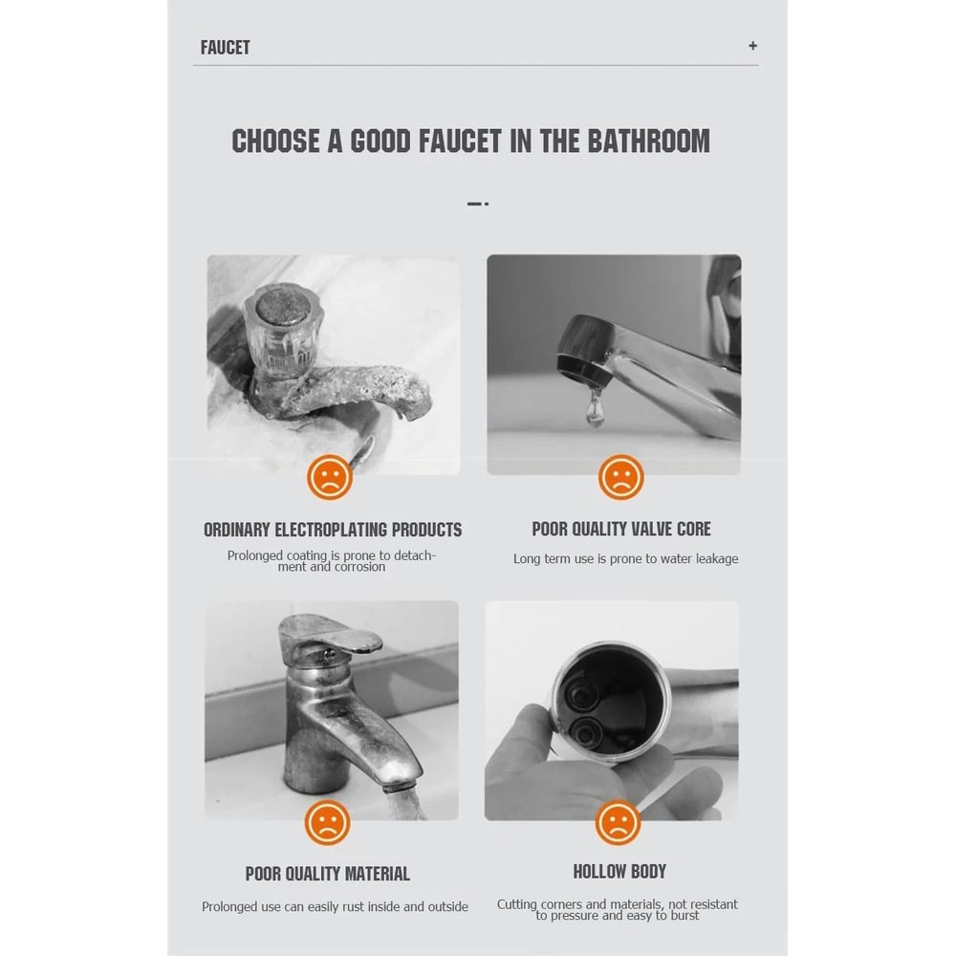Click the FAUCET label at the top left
click(225, 48)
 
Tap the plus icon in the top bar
click(753, 46)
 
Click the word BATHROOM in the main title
click(649, 141)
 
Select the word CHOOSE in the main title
click(275, 141)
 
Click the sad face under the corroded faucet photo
click(330, 477)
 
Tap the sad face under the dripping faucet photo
click(620, 477)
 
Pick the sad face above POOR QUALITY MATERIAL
click(327, 822)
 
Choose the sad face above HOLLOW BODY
click(618, 822)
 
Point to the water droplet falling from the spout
click(595, 407)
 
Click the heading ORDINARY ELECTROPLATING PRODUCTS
click(333, 530)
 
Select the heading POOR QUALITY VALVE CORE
click(621, 529)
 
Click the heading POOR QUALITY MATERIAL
click(327, 874)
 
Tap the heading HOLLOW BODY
click(619, 872)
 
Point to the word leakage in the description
click(716, 559)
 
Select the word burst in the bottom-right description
click(684, 915)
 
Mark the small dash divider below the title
click(478, 204)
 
